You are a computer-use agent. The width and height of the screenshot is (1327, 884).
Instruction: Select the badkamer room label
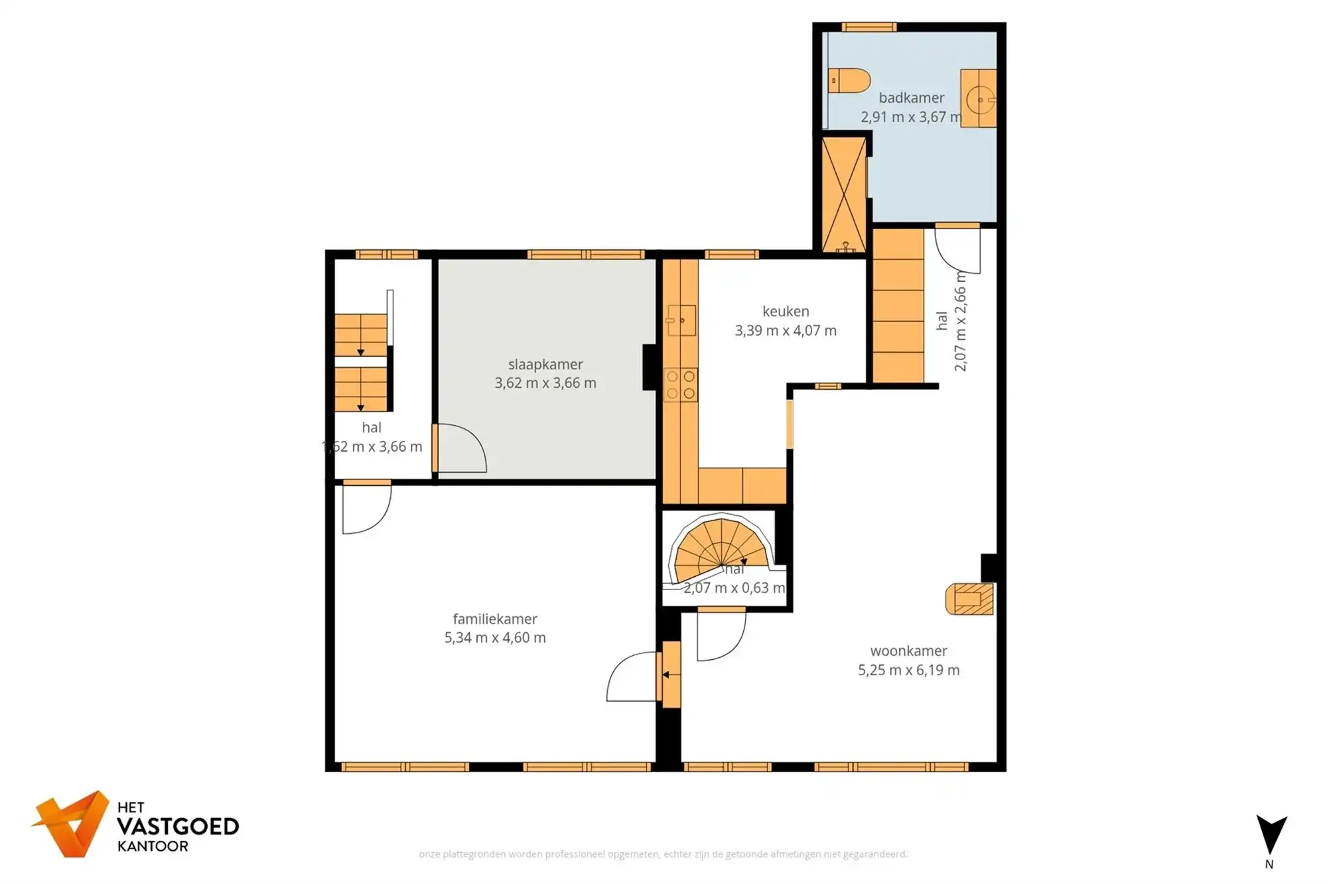pos(911,97)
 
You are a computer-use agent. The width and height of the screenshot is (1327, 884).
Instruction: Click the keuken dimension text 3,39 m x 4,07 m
pos(785,330)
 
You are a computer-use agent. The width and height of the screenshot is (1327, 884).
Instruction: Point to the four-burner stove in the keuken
pos(681,385)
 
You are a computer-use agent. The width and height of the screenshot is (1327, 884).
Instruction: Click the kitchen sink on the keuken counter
pos(681,320)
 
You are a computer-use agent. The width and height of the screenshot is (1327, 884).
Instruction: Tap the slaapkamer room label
pos(545,364)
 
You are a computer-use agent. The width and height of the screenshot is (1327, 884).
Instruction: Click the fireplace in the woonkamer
pos(969,599)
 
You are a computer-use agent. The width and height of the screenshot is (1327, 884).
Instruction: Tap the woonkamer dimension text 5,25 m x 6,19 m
pos(908,670)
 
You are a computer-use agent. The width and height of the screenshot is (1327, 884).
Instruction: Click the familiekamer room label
pos(495,619)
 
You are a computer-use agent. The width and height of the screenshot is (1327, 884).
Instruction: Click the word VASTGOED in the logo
pos(177,826)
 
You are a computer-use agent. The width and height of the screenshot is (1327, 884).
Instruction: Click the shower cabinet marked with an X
pos(843,194)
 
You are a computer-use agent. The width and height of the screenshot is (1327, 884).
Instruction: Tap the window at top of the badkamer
pos(869,27)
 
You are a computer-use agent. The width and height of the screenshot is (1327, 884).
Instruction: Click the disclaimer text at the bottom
pos(663,854)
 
